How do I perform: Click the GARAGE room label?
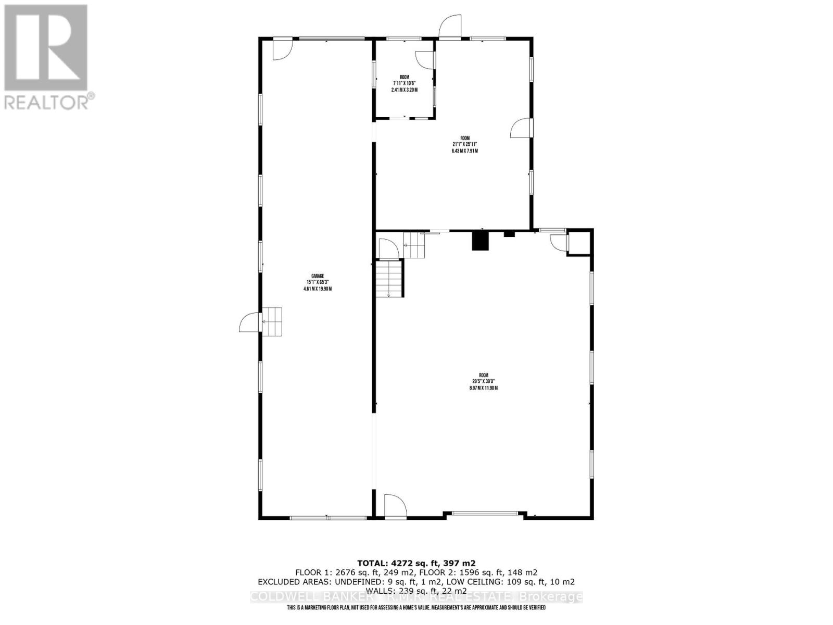click(x=317, y=276)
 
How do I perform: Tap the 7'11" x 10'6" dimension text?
click(x=405, y=83)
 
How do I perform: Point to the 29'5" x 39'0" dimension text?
click(x=484, y=381)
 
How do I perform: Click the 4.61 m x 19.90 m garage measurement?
click(x=317, y=289)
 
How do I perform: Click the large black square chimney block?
click(x=480, y=241)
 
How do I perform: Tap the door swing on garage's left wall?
click(x=249, y=322)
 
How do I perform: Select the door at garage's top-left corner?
click(x=283, y=49)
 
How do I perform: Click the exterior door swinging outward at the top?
click(x=449, y=27)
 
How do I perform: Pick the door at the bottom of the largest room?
click(x=394, y=505)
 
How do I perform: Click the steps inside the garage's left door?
click(x=272, y=322)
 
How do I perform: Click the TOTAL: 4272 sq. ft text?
click(x=416, y=563)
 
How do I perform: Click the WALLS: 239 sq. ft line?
click(x=416, y=591)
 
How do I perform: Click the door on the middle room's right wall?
click(x=522, y=128)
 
